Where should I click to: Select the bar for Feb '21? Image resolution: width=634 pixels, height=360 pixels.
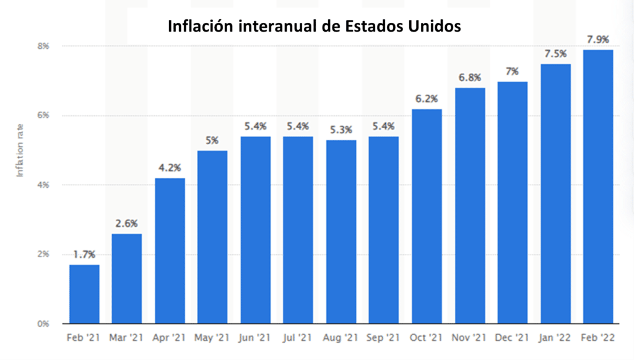84,294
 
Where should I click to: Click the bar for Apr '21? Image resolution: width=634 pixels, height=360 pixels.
170,251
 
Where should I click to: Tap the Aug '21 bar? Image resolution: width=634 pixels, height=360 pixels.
341,232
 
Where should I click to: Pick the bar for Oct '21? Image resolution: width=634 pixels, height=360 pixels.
427,216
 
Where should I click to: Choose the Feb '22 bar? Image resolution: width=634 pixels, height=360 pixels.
598,187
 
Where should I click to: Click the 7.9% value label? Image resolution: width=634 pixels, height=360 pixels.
598,40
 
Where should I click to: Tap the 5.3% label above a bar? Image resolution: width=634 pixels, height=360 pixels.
341,130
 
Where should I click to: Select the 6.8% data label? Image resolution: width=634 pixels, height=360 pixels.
470,77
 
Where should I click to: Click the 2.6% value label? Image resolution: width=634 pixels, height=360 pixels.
127,224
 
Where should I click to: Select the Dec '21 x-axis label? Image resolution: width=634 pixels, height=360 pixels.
513,338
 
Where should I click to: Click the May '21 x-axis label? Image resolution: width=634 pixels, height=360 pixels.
212,338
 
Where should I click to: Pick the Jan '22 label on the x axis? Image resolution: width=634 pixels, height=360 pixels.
555,338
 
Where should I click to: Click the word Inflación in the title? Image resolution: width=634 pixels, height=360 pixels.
201,27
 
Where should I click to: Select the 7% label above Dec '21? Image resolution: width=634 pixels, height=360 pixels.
513,71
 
